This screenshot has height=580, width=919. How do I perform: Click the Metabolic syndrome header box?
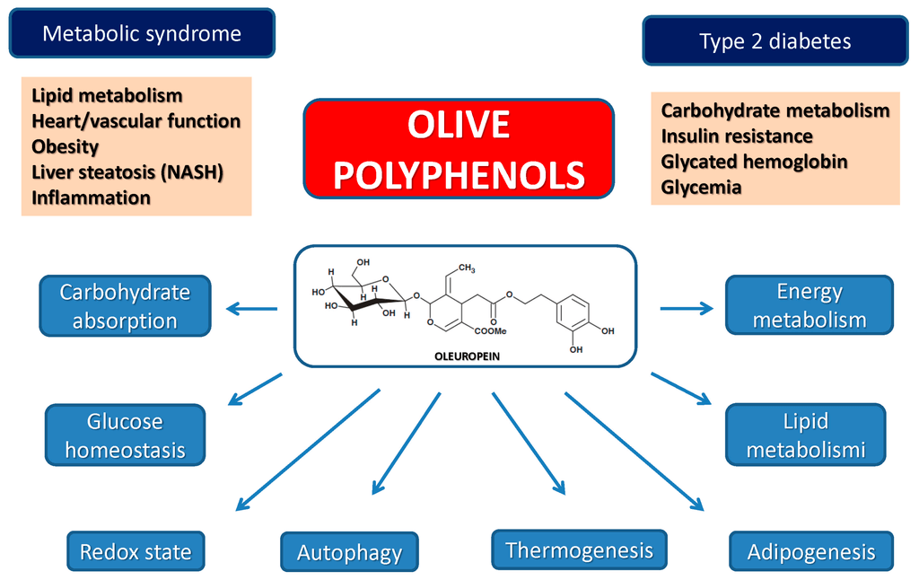pyautogui.click(x=142, y=34)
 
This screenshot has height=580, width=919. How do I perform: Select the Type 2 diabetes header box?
pyautogui.click(x=775, y=41)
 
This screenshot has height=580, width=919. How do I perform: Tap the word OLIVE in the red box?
pyautogui.click(x=459, y=126)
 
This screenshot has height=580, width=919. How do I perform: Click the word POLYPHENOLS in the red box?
pyautogui.click(x=459, y=175)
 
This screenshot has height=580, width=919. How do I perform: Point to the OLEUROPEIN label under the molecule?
pyautogui.click(x=465, y=356)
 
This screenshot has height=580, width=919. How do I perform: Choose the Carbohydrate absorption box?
pyautogui.click(x=125, y=306)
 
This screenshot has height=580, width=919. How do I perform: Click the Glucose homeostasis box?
pyautogui.click(x=125, y=435)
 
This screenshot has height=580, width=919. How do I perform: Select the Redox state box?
pyautogui.click(x=136, y=551)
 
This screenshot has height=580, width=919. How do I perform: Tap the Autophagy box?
pyautogui.click(x=349, y=552)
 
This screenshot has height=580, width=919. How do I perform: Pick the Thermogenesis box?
pyautogui.click(x=579, y=549)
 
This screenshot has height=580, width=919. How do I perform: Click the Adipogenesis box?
pyautogui.click(x=811, y=551)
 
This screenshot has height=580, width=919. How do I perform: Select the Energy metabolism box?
pyautogui.click(x=809, y=305)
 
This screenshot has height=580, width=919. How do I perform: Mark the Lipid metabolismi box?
pyautogui.click(x=805, y=435)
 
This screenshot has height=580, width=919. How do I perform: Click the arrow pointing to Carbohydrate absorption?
pyautogui.click(x=250, y=310)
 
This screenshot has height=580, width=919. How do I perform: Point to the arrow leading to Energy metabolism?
pyautogui.click(x=687, y=308)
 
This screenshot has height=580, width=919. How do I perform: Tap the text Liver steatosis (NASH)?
pyautogui.click(x=127, y=171)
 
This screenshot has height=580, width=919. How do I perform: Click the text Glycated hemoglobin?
pyautogui.click(x=754, y=162)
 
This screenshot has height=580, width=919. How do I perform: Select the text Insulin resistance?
pyautogui.click(x=737, y=136)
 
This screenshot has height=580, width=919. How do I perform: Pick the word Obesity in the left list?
pyautogui.click(x=65, y=145)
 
